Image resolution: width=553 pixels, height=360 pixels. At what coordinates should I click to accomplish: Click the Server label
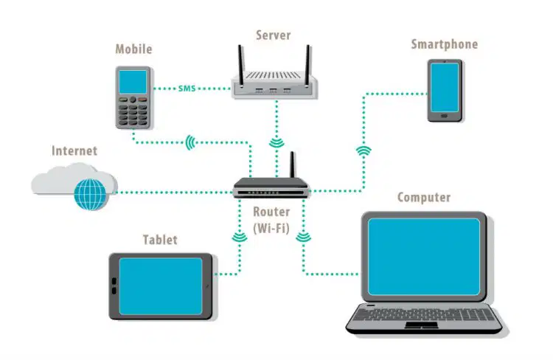click(274, 35)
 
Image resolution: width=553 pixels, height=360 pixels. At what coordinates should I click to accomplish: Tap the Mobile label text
click(133, 49)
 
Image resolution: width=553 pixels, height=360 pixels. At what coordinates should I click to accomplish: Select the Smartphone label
click(445, 44)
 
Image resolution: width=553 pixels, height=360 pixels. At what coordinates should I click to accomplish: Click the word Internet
click(74, 150)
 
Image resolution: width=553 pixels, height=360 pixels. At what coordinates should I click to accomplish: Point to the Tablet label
click(160, 240)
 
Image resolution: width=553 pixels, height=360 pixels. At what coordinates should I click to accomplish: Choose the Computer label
click(424, 197)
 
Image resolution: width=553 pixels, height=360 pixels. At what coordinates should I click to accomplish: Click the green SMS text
click(187, 89)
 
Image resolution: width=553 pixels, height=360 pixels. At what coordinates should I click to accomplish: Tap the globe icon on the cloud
click(90, 194)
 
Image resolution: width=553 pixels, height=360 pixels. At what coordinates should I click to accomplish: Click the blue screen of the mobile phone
click(133, 82)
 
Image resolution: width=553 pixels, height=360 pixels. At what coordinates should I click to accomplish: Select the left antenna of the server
click(240, 66)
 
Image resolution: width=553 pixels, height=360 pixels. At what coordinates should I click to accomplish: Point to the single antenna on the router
click(292, 165)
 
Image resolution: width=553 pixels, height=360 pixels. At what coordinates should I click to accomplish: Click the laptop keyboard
click(424, 314)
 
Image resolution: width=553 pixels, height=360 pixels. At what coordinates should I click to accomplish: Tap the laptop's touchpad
click(421, 325)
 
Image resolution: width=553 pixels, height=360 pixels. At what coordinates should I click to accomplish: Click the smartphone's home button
click(445, 116)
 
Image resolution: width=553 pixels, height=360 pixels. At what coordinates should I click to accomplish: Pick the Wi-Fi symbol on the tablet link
click(240, 238)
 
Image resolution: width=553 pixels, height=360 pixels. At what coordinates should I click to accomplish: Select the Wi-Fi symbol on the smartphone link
click(364, 150)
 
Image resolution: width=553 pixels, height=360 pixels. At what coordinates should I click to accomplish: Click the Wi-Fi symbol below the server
click(276, 142)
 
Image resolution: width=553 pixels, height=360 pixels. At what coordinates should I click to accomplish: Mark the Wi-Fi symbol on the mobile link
click(190, 142)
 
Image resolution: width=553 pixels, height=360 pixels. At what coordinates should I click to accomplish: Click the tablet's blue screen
click(161, 286)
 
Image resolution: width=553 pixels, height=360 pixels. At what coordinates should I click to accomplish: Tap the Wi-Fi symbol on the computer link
click(303, 237)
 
